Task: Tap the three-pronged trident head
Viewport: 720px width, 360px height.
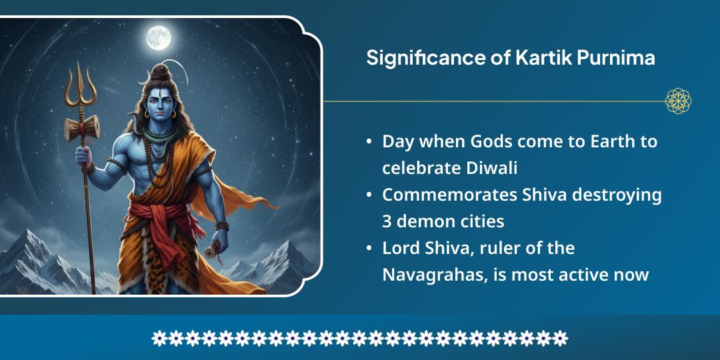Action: (x=80, y=90)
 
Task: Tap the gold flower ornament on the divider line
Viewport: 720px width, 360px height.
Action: (x=678, y=101)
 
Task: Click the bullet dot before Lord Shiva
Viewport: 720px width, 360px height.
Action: (x=369, y=249)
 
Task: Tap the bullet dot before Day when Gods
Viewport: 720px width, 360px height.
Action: (x=369, y=142)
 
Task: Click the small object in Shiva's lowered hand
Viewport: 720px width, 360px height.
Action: (x=211, y=253)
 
